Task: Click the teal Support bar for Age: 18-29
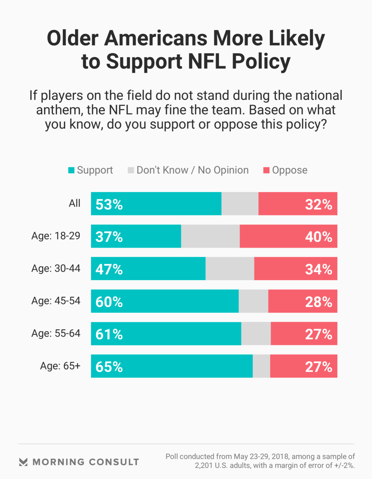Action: click(136, 236)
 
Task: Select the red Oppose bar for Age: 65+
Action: click(303, 366)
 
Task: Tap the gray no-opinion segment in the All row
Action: click(240, 204)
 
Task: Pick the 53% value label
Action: click(109, 205)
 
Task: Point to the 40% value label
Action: click(318, 237)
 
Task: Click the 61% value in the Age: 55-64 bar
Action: click(109, 334)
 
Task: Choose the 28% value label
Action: click(318, 302)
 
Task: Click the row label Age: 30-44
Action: click(56, 268)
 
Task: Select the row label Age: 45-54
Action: click(56, 301)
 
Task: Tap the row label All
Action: click(74, 203)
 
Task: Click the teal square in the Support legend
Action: click(71, 170)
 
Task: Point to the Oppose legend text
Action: click(290, 170)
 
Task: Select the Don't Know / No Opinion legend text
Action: click(193, 170)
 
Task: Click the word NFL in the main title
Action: click(207, 61)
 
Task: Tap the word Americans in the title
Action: click(156, 38)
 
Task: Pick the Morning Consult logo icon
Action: click(23, 462)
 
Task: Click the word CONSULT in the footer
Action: click(114, 462)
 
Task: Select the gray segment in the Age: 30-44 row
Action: click(230, 269)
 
